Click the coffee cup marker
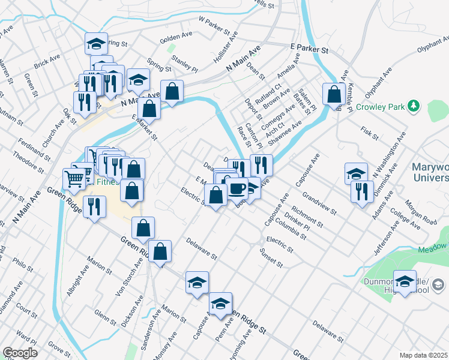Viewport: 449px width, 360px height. tap(237, 188)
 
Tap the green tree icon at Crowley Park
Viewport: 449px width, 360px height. tap(413, 106)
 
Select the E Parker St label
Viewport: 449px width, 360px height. tap(310, 47)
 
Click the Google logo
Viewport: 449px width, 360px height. tap(20, 353)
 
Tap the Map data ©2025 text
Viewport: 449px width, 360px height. tap(424, 355)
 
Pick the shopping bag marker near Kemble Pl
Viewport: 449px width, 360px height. tap(333, 94)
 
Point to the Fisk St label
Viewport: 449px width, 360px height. tap(370, 133)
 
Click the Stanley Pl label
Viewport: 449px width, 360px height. tap(184, 61)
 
